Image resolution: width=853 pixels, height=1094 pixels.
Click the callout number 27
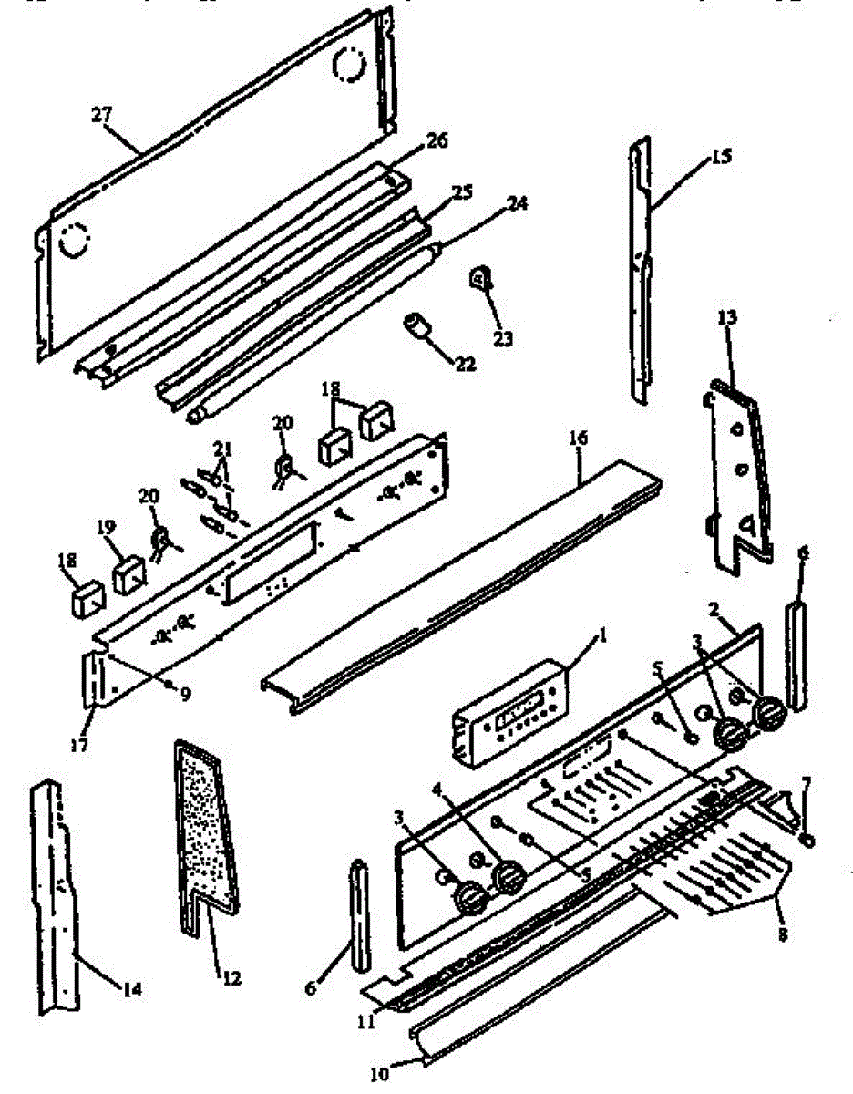coord(99,114)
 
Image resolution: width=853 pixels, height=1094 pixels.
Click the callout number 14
coord(132,989)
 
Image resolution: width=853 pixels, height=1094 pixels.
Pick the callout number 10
coord(379,1075)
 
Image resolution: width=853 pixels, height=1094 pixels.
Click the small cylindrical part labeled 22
coord(418,325)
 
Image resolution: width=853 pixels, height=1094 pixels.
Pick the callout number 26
coord(437,142)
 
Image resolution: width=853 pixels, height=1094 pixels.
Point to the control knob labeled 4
coord(508,876)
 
